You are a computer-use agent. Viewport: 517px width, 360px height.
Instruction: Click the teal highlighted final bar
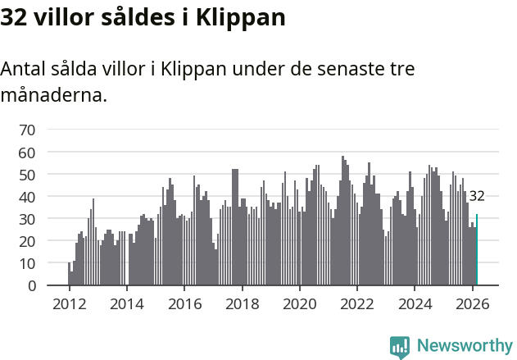(477, 250)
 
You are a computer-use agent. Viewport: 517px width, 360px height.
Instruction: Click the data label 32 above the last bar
(477, 196)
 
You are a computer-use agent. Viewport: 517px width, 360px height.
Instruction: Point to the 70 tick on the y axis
(27, 130)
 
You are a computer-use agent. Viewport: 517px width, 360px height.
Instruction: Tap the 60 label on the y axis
(27, 153)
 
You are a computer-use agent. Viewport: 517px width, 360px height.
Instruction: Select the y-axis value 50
(27, 175)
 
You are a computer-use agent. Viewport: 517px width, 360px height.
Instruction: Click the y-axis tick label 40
(27, 197)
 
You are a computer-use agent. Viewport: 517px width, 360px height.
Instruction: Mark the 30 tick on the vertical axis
(27, 219)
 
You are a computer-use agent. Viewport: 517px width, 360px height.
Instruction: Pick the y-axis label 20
(27, 241)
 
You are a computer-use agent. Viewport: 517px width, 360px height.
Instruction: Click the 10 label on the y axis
(27, 263)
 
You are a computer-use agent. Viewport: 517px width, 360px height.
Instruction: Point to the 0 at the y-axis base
(31, 286)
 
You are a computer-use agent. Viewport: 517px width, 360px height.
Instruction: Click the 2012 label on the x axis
(69, 303)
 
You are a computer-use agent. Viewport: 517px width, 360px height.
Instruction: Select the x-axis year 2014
(126, 303)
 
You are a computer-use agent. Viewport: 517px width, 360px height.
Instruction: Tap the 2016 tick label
(184, 303)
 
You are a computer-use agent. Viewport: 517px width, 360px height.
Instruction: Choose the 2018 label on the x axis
(242, 303)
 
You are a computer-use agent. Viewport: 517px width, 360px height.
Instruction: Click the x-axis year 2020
(299, 303)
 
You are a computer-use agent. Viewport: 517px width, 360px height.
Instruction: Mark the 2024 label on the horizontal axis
(415, 303)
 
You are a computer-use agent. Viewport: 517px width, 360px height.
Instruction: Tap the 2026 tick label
(472, 303)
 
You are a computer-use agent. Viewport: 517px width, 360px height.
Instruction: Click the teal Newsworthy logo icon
(400, 347)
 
